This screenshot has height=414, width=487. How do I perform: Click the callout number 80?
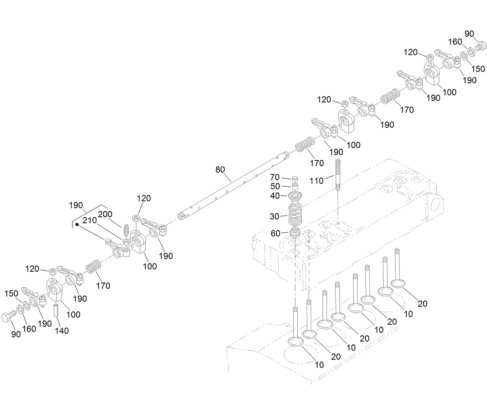point(220,170)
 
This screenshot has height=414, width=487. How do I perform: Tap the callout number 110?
point(316,181)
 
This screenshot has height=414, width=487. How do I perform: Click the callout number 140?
point(62,331)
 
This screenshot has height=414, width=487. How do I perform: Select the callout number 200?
point(105,215)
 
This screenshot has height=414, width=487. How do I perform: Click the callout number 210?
point(89,221)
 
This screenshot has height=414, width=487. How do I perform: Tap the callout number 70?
point(275,177)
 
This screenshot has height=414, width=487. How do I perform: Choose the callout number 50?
point(275,186)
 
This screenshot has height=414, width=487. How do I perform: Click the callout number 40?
point(275,196)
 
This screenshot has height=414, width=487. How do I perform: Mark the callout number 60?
point(275,233)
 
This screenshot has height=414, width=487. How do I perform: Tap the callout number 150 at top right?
point(478,68)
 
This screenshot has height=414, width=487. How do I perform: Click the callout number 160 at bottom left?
point(29,329)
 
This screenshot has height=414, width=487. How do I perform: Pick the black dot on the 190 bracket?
point(77,225)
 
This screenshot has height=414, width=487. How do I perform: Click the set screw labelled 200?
point(125,231)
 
